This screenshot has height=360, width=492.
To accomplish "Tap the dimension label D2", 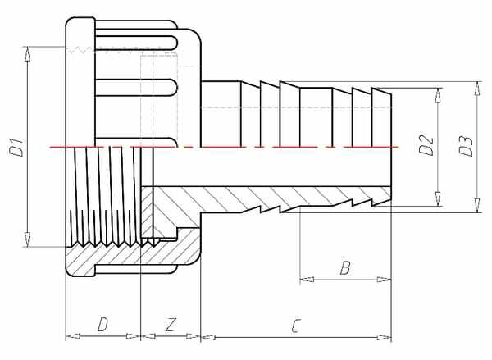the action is [x=426, y=145].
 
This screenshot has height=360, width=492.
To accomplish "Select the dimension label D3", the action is [x=466, y=146].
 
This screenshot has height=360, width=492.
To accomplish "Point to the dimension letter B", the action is [x=345, y=268].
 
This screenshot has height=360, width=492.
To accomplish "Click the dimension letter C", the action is [x=295, y=326].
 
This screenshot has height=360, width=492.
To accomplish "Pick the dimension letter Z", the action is [x=171, y=325].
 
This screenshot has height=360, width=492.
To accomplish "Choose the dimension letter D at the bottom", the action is [x=102, y=325].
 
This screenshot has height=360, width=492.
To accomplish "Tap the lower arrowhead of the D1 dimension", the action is [x=28, y=239].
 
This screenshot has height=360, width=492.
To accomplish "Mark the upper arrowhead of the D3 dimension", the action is [x=477, y=89].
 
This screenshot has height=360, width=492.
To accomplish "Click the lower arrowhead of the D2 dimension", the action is [x=438, y=198].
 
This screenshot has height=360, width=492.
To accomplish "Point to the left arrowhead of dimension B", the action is [x=307, y=280].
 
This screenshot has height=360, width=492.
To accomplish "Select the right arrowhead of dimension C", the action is [x=385, y=337].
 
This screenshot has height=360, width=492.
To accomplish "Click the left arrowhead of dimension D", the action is [x=72, y=336].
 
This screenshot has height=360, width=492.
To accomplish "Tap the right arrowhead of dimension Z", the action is [x=194, y=336].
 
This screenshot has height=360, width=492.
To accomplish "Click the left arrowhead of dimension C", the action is [x=208, y=337].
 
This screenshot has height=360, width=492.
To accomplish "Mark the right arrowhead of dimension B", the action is [x=385, y=280].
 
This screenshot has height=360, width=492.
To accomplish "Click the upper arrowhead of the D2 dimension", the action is [x=438, y=95].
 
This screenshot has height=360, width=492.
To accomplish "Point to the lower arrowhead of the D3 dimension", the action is [x=477, y=205].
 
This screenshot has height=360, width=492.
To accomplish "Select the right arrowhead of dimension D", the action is [x=133, y=336].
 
